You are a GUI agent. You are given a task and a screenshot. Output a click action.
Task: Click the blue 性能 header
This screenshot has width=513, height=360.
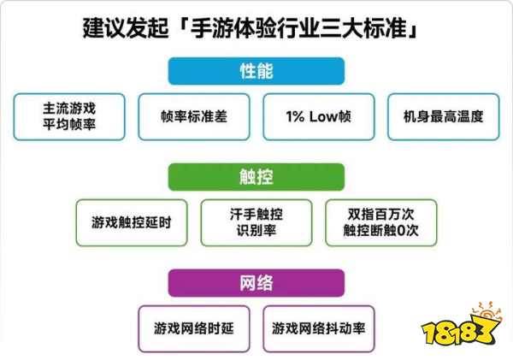point(256,71)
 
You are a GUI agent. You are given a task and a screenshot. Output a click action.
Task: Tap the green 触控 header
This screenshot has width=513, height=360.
point(256,177)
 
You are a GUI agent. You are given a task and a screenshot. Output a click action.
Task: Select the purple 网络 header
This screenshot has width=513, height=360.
point(256,283)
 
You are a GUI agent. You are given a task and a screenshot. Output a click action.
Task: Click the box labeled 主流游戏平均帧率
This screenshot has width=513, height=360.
point(69,117)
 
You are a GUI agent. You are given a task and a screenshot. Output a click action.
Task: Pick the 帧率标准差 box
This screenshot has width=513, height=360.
point(194,117)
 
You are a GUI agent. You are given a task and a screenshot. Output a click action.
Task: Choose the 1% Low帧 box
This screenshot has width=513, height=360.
point(319,117)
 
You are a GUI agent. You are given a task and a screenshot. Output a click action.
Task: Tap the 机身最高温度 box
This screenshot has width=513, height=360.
point(443,117)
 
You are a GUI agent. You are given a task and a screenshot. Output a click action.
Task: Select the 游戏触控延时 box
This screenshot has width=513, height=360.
point(132,223)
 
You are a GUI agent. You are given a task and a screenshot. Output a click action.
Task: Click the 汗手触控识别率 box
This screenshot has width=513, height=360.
point(256,223)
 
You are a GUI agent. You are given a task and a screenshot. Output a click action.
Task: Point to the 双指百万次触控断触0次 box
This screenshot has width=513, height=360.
point(381,223)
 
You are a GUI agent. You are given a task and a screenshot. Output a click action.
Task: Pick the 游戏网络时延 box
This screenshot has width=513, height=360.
point(194,328)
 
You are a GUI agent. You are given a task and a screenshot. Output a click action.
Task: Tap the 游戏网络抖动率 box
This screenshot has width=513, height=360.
point(319,328)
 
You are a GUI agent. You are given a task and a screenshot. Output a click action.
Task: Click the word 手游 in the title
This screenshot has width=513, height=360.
point(212,28)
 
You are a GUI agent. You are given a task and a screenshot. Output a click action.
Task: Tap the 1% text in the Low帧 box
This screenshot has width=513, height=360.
point(296,116)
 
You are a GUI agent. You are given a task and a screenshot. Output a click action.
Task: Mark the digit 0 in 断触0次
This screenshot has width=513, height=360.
point(401,231)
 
